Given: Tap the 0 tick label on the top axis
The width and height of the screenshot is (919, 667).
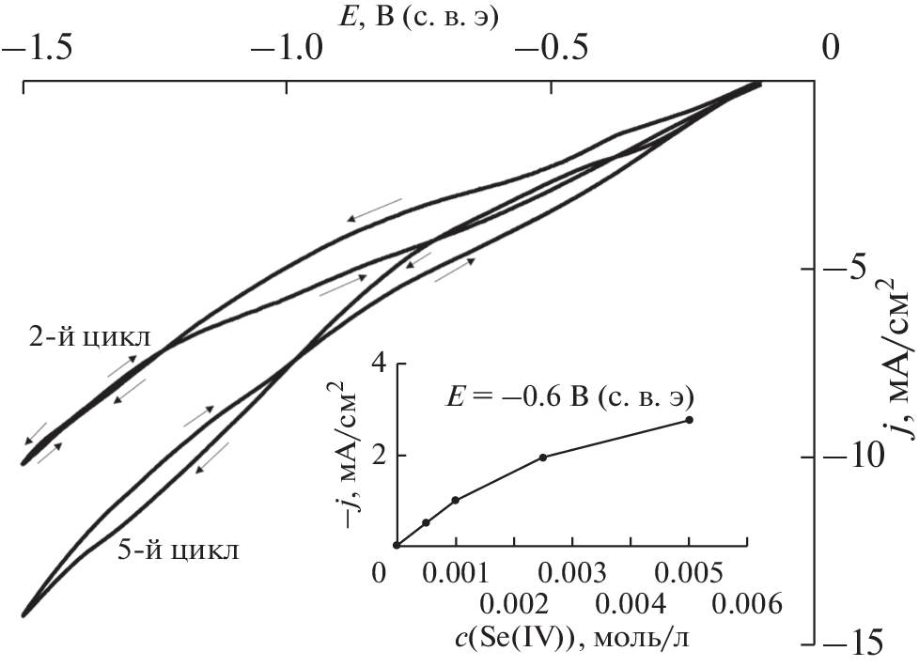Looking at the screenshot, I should pyautogui.click(x=829, y=48).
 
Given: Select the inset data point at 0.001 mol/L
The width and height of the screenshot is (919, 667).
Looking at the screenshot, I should pyautogui.click(x=456, y=500).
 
